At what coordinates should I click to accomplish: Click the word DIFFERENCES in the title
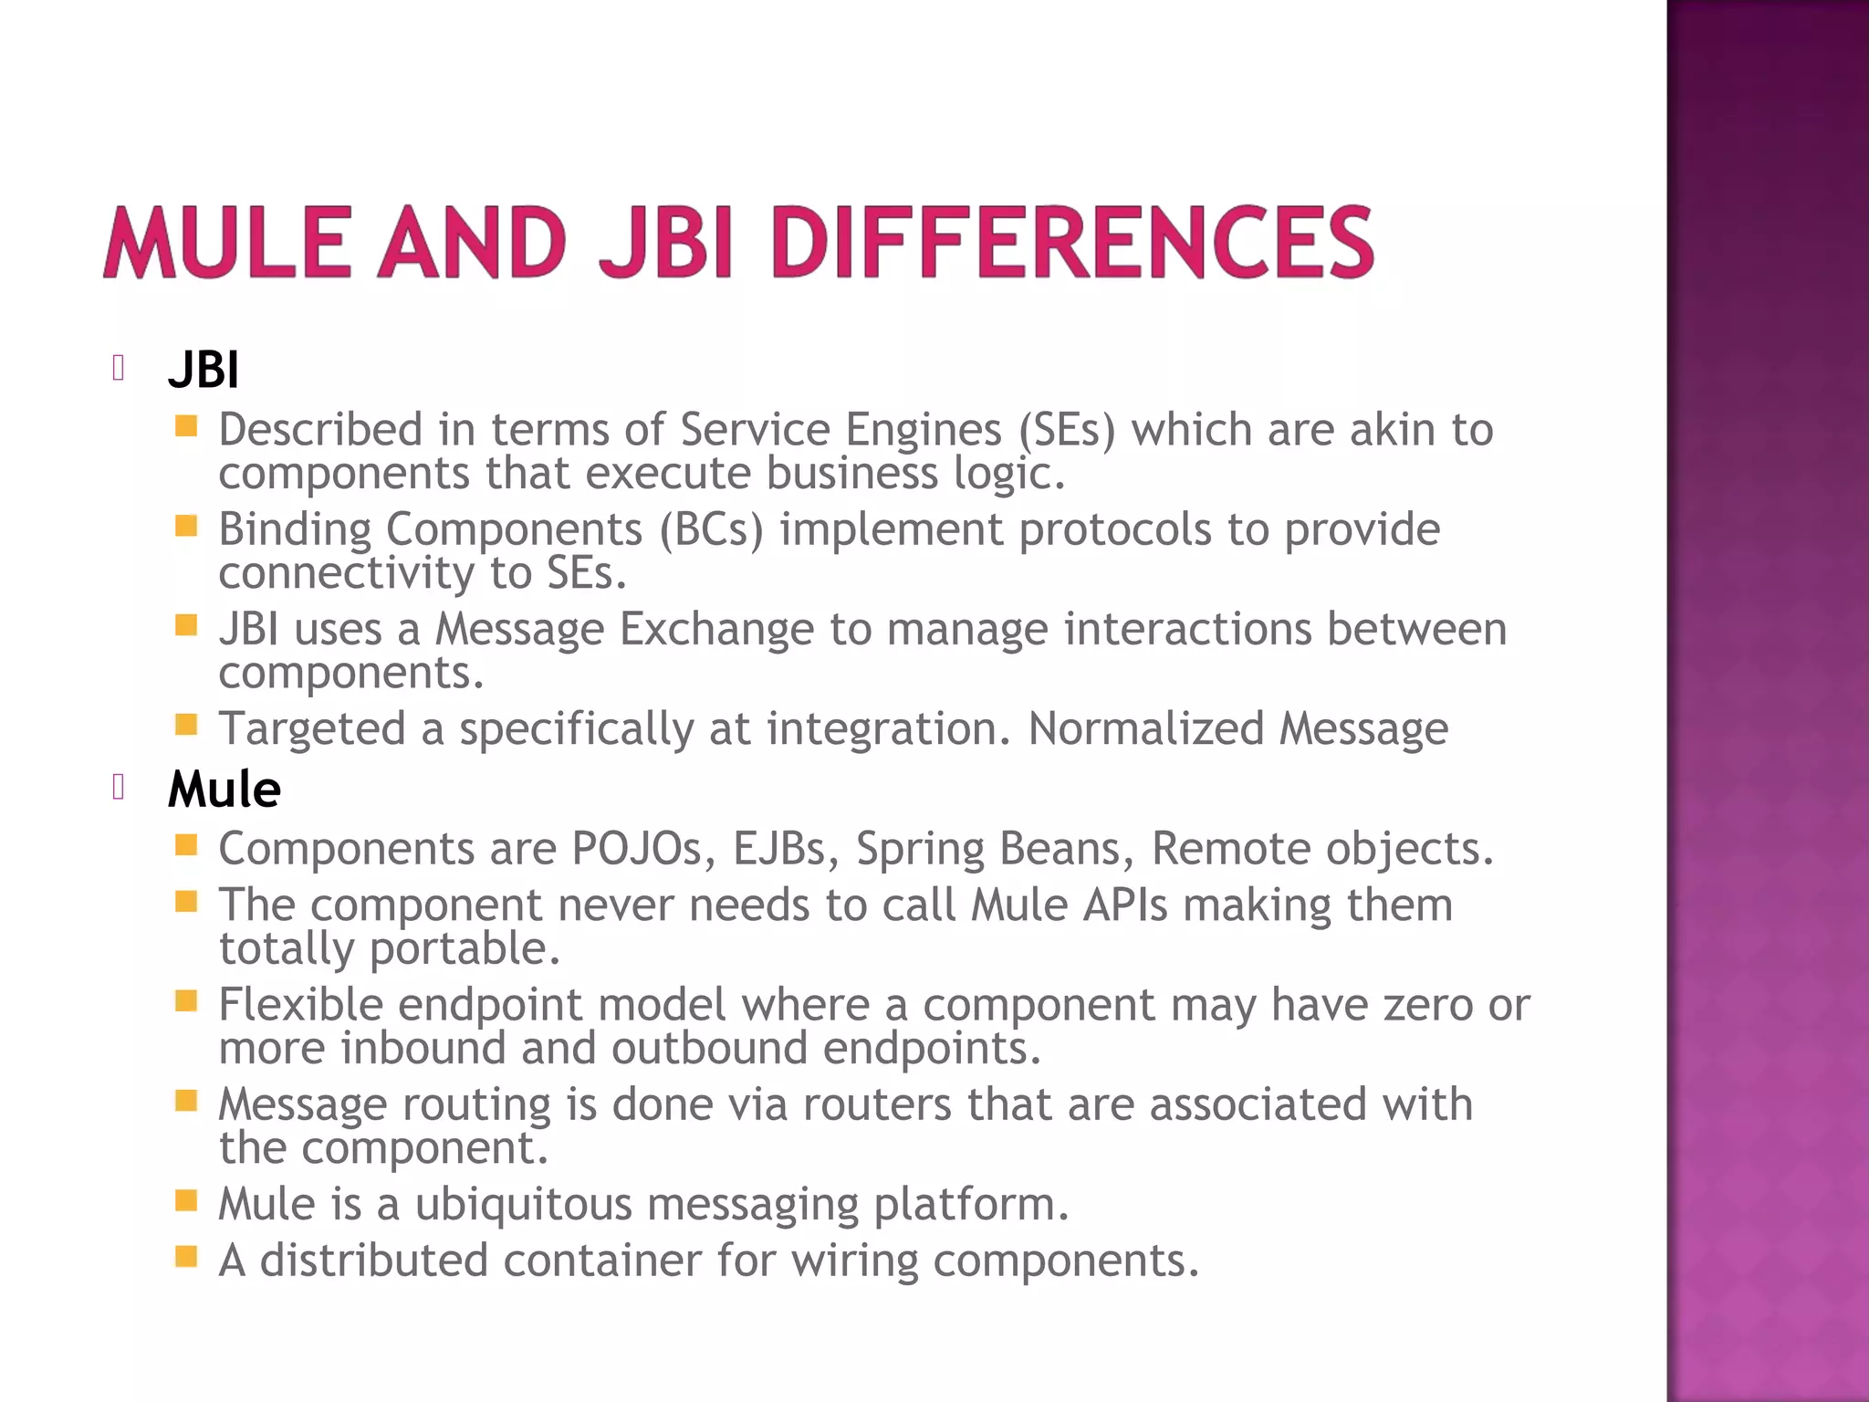(1072, 242)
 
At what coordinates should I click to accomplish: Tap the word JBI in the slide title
(666, 242)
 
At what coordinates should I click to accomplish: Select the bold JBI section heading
(204, 371)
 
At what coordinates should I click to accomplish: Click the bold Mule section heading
(224, 790)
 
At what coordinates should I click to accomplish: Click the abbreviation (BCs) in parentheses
(711, 529)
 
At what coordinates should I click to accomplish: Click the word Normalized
(1145, 729)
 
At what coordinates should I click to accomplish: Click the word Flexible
(300, 1005)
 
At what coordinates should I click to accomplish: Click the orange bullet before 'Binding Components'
(186, 526)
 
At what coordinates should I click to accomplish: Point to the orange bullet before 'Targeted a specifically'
(186, 725)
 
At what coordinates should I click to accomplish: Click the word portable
(465, 949)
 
